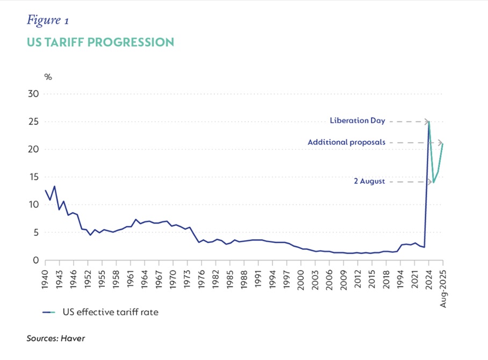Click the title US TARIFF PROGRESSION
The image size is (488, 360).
pyautogui.click(x=100, y=42)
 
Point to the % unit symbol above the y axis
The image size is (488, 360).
pyautogui.click(x=48, y=77)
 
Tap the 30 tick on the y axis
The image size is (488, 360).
pyautogui.click(x=34, y=93)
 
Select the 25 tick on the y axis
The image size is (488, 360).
pyautogui.click(x=34, y=121)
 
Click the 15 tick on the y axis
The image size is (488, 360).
pyautogui.click(x=34, y=177)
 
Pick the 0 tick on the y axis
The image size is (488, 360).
pyautogui.click(x=36, y=260)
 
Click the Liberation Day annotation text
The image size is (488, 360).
pyautogui.click(x=357, y=121)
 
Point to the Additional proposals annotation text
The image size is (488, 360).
pyautogui.click(x=346, y=142)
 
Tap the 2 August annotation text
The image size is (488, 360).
pyautogui.click(x=369, y=182)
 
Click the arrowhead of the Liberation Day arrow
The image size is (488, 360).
pyautogui.click(x=427, y=122)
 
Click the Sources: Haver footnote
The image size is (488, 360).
pyautogui.click(x=56, y=339)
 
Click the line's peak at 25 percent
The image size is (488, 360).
pyautogui.click(x=429, y=122)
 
